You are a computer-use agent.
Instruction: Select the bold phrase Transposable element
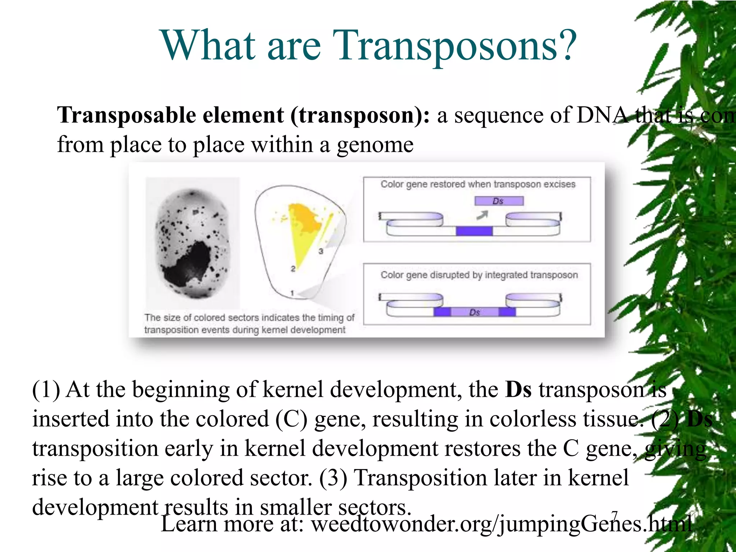[171, 116]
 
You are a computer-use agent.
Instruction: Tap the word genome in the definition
[375, 145]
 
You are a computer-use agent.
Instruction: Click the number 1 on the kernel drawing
[292, 293]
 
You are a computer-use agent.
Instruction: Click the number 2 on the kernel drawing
[293, 269]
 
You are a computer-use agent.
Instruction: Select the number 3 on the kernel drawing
[321, 251]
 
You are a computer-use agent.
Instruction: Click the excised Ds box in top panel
[499, 201]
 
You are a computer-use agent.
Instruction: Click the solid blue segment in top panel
[474, 231]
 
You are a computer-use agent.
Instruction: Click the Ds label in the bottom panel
[474, 312]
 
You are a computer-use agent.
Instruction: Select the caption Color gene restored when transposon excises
[478, 184]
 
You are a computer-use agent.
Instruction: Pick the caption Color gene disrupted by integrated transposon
[479, 275]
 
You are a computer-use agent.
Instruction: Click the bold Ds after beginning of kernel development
[518, 390]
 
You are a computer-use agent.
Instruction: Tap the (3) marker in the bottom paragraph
[333, 478]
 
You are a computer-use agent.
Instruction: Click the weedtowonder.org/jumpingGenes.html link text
[501, 524]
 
